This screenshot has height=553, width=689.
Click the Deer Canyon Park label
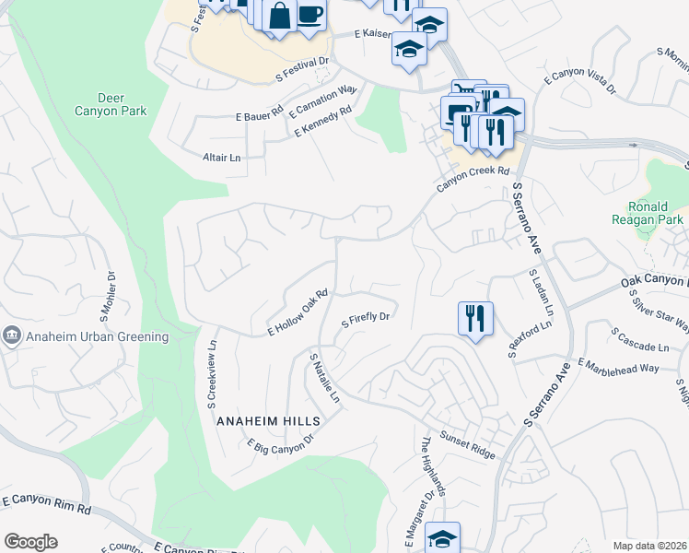[x=123, y=104]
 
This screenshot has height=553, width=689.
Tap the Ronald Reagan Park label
[x=648, y=213]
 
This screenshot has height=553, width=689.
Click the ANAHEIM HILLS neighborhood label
[x=268, y=420]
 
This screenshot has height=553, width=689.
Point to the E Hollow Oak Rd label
[x=298, y=313]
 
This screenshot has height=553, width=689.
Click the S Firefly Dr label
[x=368, y=320]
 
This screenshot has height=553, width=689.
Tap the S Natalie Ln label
[x=325, y=378]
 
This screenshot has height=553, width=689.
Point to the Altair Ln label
[x=221, y=158]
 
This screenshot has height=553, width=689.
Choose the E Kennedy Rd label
[x=323, y=122]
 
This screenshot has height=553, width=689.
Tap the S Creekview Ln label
[x=211, y=369]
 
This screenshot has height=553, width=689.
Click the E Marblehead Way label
[x=618, y=364]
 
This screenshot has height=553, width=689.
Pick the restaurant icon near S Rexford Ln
[x=475, y=319]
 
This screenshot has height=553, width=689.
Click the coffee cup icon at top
[x=310, y=15]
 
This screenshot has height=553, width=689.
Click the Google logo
[x=30, y=542]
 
